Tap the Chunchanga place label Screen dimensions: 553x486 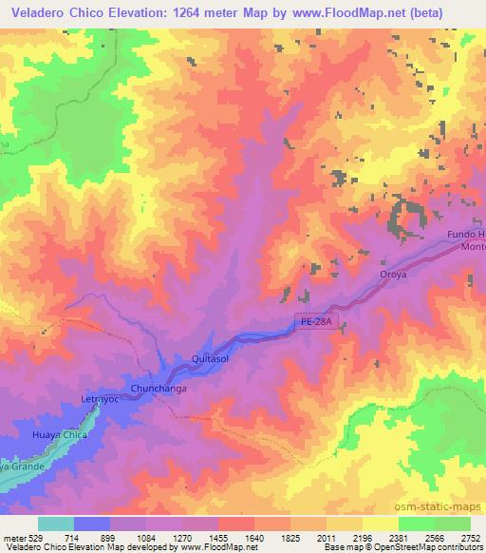[x=157, y=389]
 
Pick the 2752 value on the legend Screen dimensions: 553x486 [x=470, y=537]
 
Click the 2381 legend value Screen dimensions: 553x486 [x=399, y=537]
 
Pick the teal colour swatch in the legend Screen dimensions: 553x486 [x=56, y=524]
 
